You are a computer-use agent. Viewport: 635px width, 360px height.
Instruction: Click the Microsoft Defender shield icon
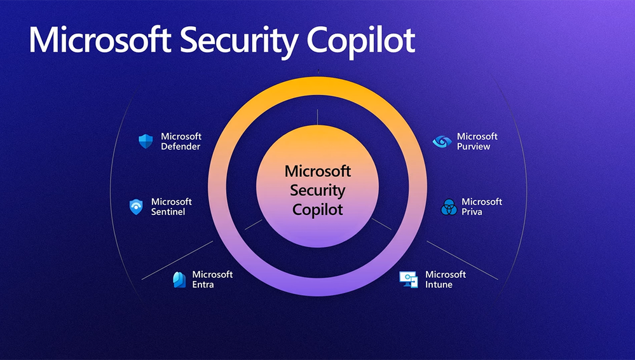pos(146,141)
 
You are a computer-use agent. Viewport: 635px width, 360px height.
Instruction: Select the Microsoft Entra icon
pos(179,279)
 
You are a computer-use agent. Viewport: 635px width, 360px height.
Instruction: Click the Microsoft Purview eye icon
pos(440,142)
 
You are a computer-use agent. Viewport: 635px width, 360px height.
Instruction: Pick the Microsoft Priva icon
pos(449,207)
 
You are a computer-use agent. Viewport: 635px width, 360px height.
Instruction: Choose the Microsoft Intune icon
pos(408,279)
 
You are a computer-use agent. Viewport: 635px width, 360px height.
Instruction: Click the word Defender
pos(181,147)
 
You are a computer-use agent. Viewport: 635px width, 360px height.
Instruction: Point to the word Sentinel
pos(168,212)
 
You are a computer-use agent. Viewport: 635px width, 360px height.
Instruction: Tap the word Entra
pos(203,285)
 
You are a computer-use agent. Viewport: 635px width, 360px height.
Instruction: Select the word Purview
pos(474,147)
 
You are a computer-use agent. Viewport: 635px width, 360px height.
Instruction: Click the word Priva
pos(472,212)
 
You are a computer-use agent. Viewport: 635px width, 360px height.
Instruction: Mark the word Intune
pos(439,285)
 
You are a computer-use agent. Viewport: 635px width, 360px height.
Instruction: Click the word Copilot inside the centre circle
pos(317,209)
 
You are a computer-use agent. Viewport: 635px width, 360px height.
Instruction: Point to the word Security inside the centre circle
pos(317,190)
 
